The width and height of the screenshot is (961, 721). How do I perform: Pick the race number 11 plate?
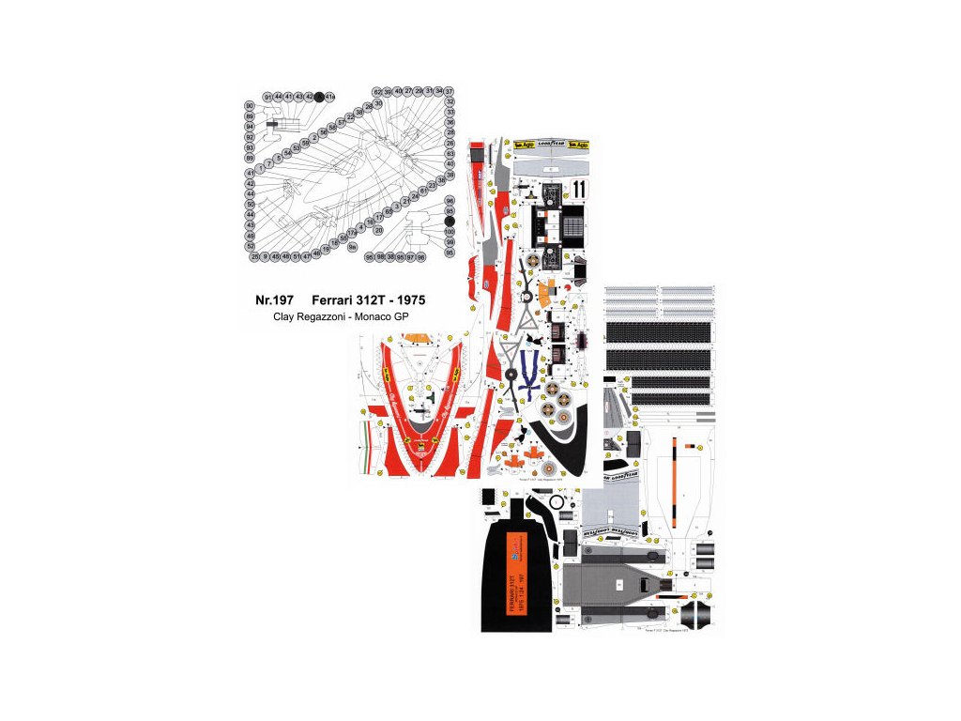578,189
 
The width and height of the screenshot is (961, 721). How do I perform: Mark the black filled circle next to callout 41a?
320,97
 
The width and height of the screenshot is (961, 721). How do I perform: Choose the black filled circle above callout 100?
450,222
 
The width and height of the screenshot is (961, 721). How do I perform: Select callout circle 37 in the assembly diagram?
450,91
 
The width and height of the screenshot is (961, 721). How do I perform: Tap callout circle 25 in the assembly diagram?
253,256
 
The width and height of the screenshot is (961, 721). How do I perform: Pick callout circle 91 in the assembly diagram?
268,97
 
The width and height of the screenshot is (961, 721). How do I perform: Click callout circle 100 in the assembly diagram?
450,232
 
